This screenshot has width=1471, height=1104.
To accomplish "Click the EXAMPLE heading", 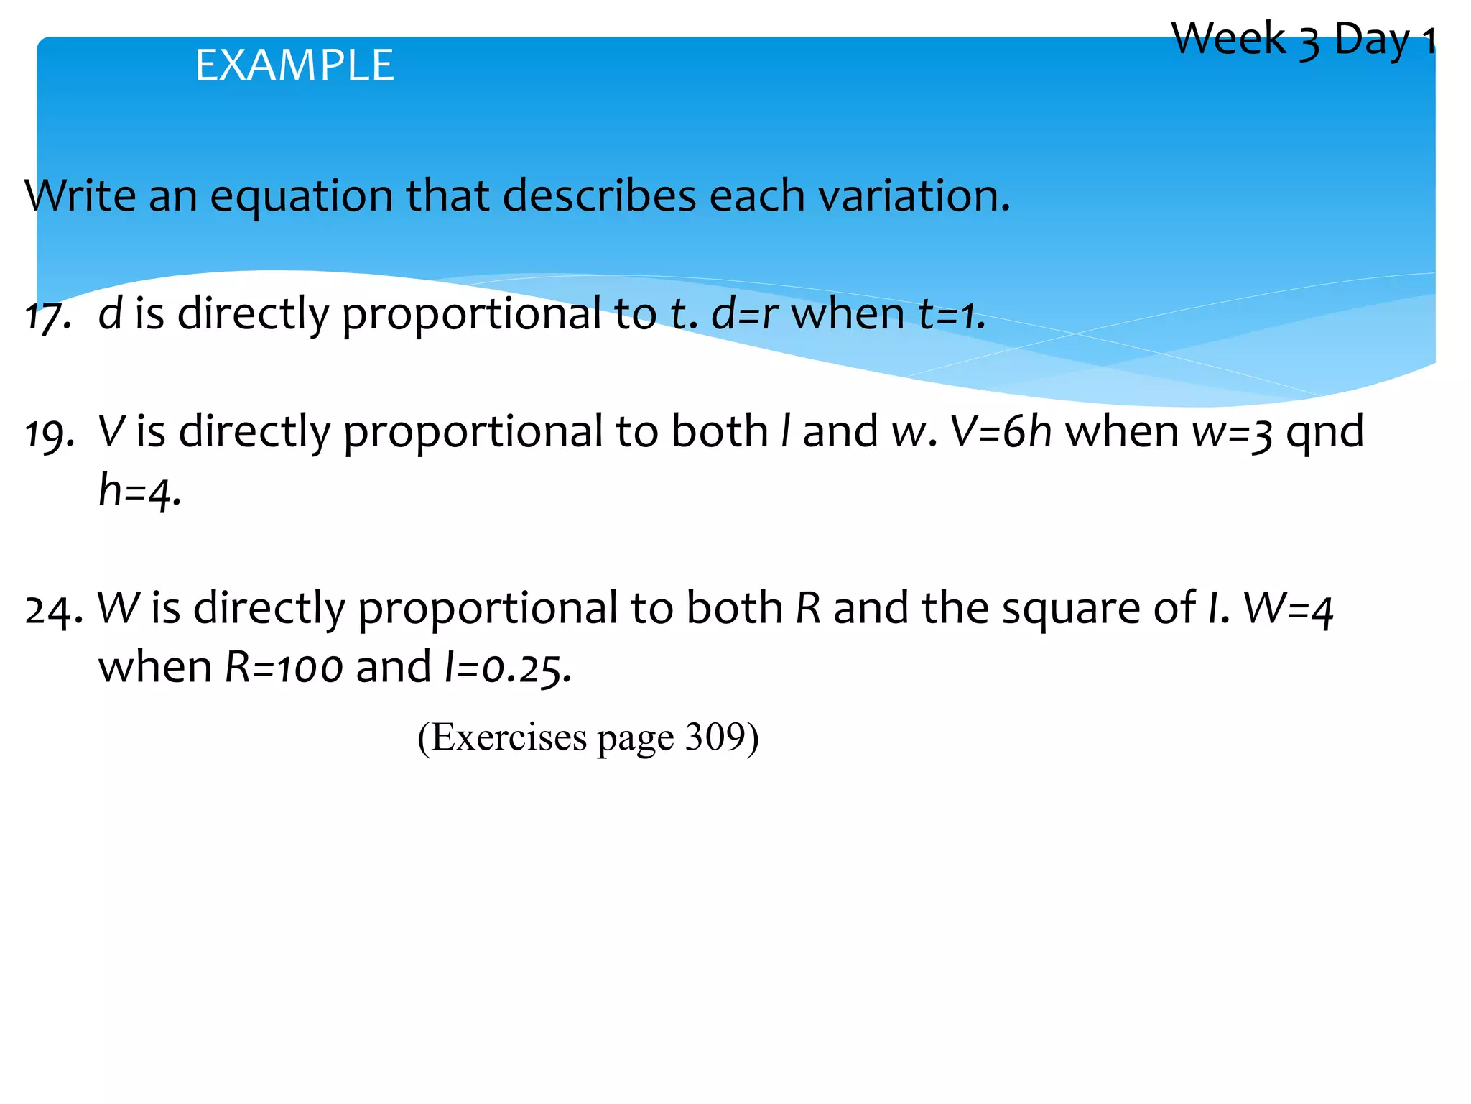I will click(x=294, y=65).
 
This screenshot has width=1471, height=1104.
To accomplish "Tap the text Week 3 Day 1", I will click(x=1301, y=39).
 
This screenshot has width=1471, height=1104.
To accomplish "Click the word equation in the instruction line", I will click(x=301, y=195).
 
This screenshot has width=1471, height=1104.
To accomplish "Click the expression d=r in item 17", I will click(x=745, y=314).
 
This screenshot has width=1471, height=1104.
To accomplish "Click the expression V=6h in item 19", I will click(x=1001, y=432).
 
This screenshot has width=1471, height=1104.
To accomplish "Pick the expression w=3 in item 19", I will click(x=1233, y=432).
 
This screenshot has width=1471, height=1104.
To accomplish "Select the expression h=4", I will click(x=139, y=492).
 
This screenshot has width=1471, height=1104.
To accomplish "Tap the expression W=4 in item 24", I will click(x=1288, y=609).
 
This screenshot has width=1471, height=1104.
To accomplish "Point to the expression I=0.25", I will click(x=507, y=668).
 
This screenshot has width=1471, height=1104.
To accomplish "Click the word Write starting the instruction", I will click(x=79, y=195).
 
